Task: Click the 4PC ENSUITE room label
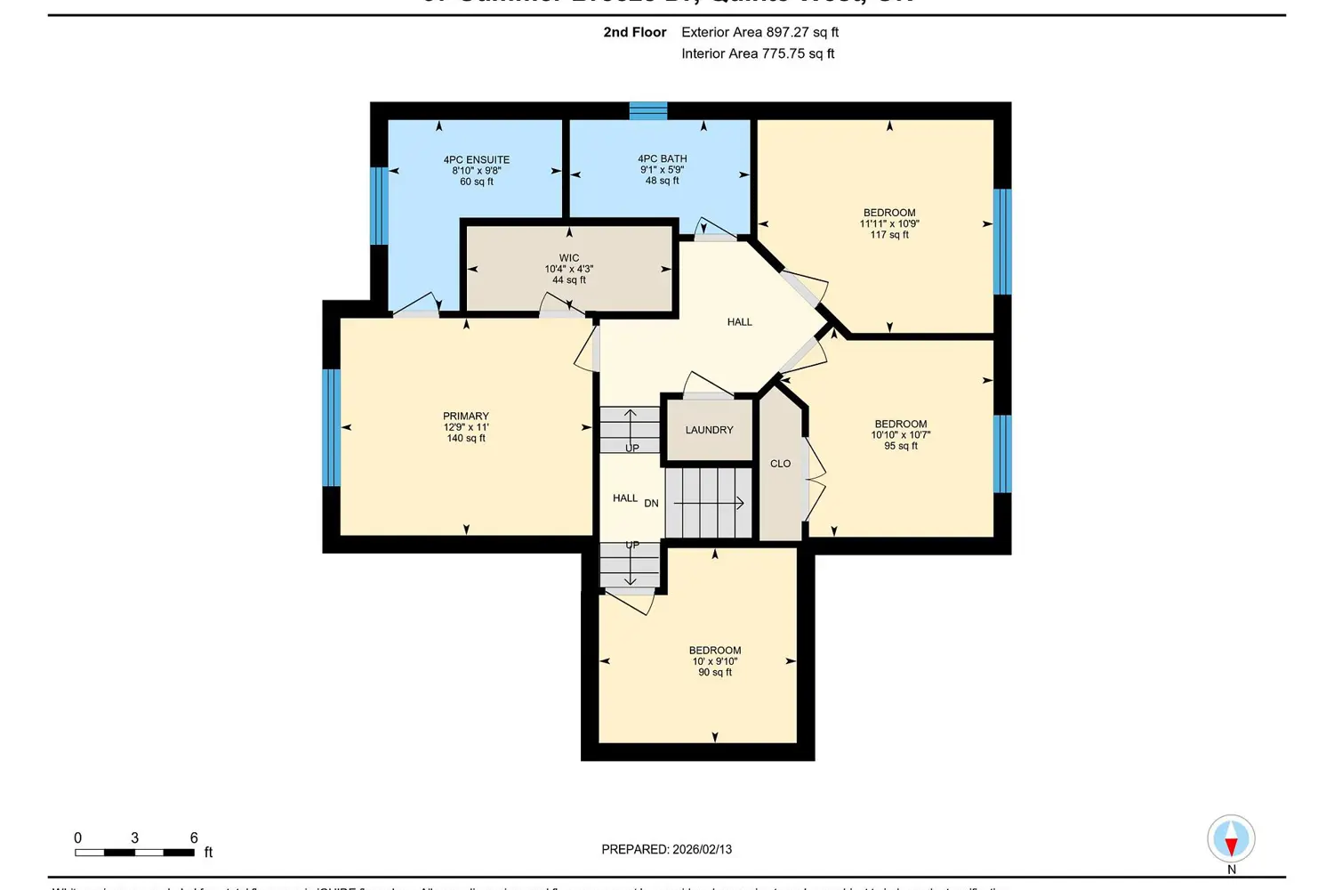click(477, 160)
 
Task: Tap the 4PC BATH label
click(663, 158)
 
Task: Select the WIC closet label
click(569, 258)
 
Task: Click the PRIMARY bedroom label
click(466, 416)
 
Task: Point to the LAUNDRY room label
click(709, 430)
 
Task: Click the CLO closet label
click(780, 464)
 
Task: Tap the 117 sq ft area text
click(889, 235)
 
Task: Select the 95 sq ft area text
click(901, 446)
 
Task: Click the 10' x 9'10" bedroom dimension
click(715, 661)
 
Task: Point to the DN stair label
click(651, 504)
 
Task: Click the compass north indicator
click(1231, 840)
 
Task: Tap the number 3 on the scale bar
click(134, 837)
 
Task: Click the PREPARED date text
click(666, 849)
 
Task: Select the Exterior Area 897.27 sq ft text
click(759, 32)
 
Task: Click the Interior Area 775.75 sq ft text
click(758, 53)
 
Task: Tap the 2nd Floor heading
click(634, 32)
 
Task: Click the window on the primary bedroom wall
click(331, 427)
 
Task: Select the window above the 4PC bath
click(648, 110)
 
